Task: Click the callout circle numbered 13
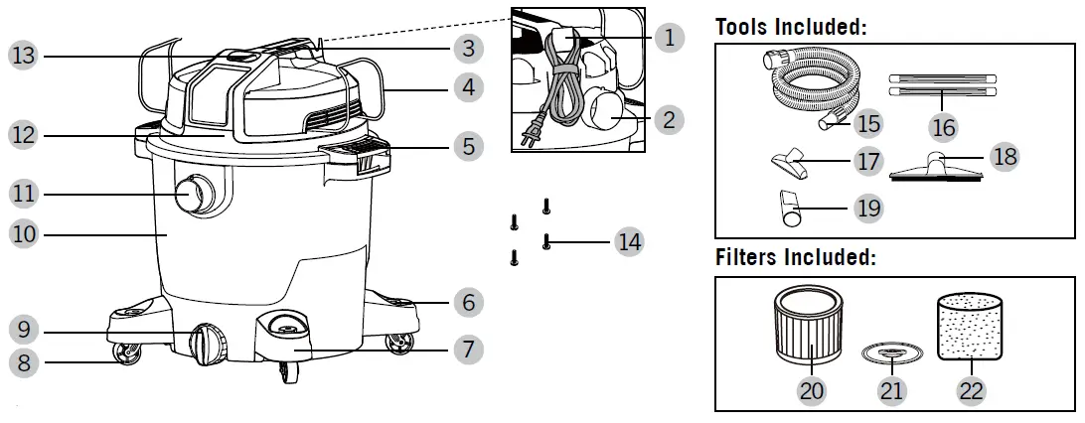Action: (24, 57)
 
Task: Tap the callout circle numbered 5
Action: (467, 147)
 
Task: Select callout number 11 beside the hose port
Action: (24, 193)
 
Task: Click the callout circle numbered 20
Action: (812, 390)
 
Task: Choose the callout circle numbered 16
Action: (943, 126)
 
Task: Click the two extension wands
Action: (941, 82)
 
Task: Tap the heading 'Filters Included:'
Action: (796, 258)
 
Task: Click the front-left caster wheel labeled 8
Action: (127, 352)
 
